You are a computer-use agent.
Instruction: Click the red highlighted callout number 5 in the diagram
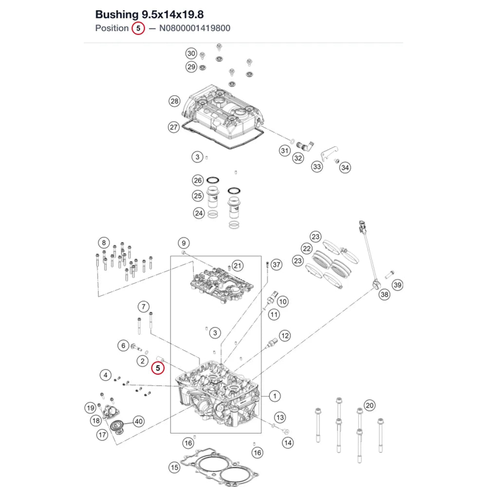tap(158, 368)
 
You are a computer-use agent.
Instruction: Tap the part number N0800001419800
tap(195, 28)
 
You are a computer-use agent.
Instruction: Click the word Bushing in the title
tap(117, 15)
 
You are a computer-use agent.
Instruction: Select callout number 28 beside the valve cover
tap(174, 101)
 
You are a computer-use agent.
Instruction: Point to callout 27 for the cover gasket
tap(174, 127)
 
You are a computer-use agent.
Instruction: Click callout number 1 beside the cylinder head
tap(275, 396)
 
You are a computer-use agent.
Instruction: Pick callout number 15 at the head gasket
tap(174, 468)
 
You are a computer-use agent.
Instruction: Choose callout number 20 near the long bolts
tap(370, 405)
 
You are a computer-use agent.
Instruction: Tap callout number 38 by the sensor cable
tap(385, 295)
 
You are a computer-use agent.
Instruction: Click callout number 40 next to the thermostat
tap(138, 421)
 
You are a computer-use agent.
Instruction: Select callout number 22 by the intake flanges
tap(307, 248)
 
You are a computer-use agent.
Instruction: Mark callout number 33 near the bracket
tap(317, 167)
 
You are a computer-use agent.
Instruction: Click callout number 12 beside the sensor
tap(285, 336)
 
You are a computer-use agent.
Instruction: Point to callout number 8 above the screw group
tap(104, 243)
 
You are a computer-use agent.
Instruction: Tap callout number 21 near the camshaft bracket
tap(238, 265)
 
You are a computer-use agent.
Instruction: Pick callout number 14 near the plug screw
tap(288, 443)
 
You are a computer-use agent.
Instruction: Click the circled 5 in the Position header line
tap(138, 28)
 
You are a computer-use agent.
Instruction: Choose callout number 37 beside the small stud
tap(277, 264)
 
